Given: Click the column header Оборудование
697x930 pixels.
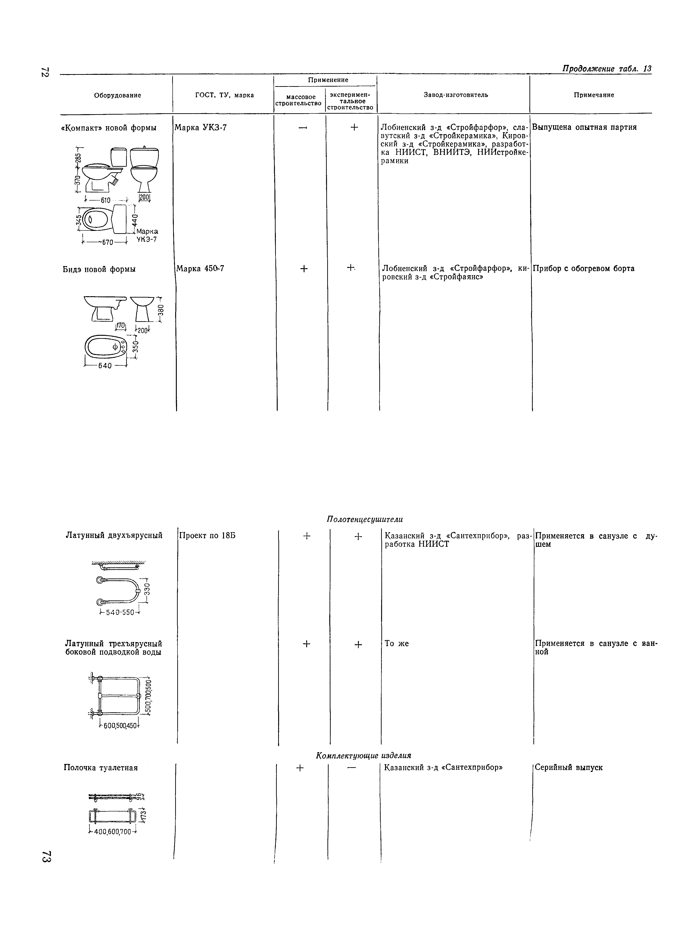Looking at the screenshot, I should pos(117,95).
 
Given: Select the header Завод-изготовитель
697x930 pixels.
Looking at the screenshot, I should pos(455,95).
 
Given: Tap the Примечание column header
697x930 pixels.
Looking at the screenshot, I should pos(594,95).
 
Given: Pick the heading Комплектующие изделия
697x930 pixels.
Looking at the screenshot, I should pos(363,756).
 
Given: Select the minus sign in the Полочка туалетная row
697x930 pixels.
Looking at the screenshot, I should pos(352,768).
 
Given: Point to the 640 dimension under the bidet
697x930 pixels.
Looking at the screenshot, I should pos(105,366).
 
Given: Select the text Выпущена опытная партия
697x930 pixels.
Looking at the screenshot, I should pos(584,127).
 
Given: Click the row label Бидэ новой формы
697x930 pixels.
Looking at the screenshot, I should pos(99,269).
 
